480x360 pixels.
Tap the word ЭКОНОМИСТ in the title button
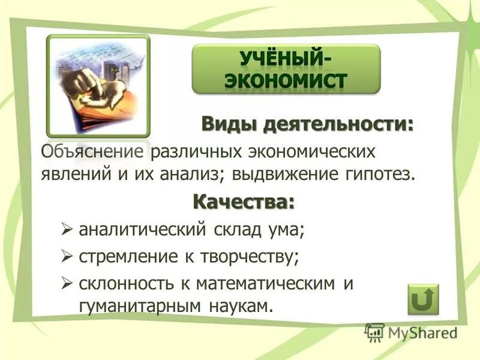[286, 80]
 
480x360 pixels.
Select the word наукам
[241, 305]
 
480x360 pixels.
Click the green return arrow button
[423, 298]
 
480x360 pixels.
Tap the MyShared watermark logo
[411, 332]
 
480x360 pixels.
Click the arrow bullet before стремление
[67, 257]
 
